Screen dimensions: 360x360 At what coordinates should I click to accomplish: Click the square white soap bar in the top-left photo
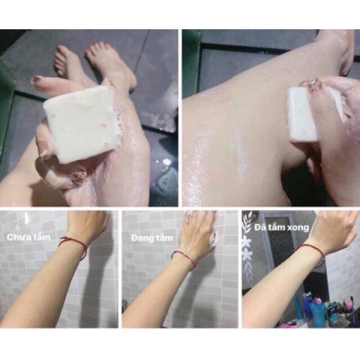pyautogui.click(x=79, y=124)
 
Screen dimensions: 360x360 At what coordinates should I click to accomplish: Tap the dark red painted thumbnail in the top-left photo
pyautogui.click(x=37, y=80)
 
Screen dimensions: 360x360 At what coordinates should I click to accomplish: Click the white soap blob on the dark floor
pyautogui.click(x=166, y=163)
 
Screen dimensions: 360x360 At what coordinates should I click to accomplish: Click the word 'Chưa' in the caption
pyautogui.click(x=18, y=237)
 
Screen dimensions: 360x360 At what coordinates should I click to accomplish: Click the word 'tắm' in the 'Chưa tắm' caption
pyautogui.click(x=40, y=237)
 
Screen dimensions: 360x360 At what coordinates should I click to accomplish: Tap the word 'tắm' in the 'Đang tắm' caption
pyautogui.click(x=164, y=237)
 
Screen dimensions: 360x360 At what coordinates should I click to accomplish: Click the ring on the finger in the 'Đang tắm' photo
pyautogui.click(x=194, y=216)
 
